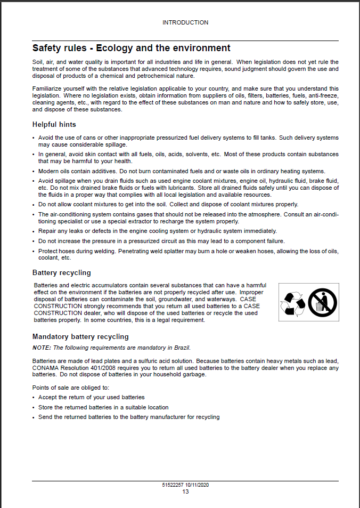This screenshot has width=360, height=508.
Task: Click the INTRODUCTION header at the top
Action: click(185, 22)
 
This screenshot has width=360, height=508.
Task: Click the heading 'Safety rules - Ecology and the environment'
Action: click(131, 49)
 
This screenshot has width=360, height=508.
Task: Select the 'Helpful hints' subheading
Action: click(54, 125)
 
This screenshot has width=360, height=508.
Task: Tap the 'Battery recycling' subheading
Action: click(61, 273)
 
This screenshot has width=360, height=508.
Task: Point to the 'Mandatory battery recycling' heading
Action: click(80, 337)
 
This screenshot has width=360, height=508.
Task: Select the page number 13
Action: click(185, 491)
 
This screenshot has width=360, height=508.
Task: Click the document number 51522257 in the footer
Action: click(173, 485)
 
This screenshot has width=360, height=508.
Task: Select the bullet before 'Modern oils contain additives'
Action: click(34, 172)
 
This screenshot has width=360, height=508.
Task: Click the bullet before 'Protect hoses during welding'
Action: click(34, 252)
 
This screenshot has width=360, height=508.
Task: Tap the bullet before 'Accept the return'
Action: click(34, 398)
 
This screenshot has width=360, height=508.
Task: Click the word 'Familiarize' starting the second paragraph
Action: click(46, 88)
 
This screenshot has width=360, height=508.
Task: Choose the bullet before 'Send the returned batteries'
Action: click(34, 417)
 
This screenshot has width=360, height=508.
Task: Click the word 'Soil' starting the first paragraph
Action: click(37, 62)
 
